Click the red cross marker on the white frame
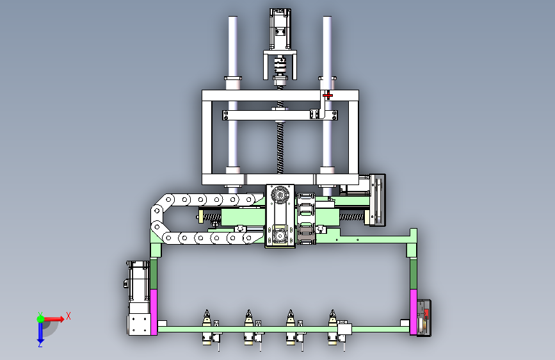tap(328, 95)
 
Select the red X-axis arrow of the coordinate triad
tap(53, 319)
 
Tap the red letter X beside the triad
tap(68, 316)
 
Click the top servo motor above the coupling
tap(280, 29)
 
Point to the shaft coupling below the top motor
tap(280, 67)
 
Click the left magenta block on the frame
tap(154, 312)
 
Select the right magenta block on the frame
tap(413, 312)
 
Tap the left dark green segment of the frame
tap(154, 274)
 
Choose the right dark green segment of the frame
tap(413, 274)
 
